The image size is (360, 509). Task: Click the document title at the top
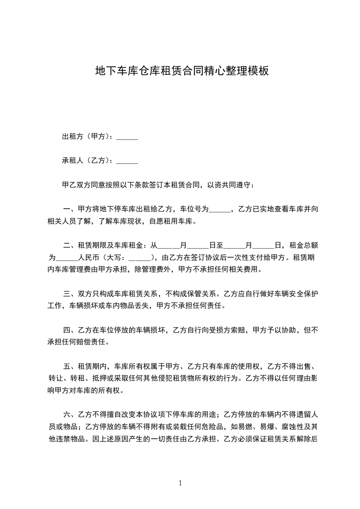click(182, 71)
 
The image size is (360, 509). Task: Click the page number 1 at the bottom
click(180, 484)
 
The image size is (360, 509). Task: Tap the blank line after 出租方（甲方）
click(127, 137)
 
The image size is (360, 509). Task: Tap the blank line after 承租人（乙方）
click(127, 161)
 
